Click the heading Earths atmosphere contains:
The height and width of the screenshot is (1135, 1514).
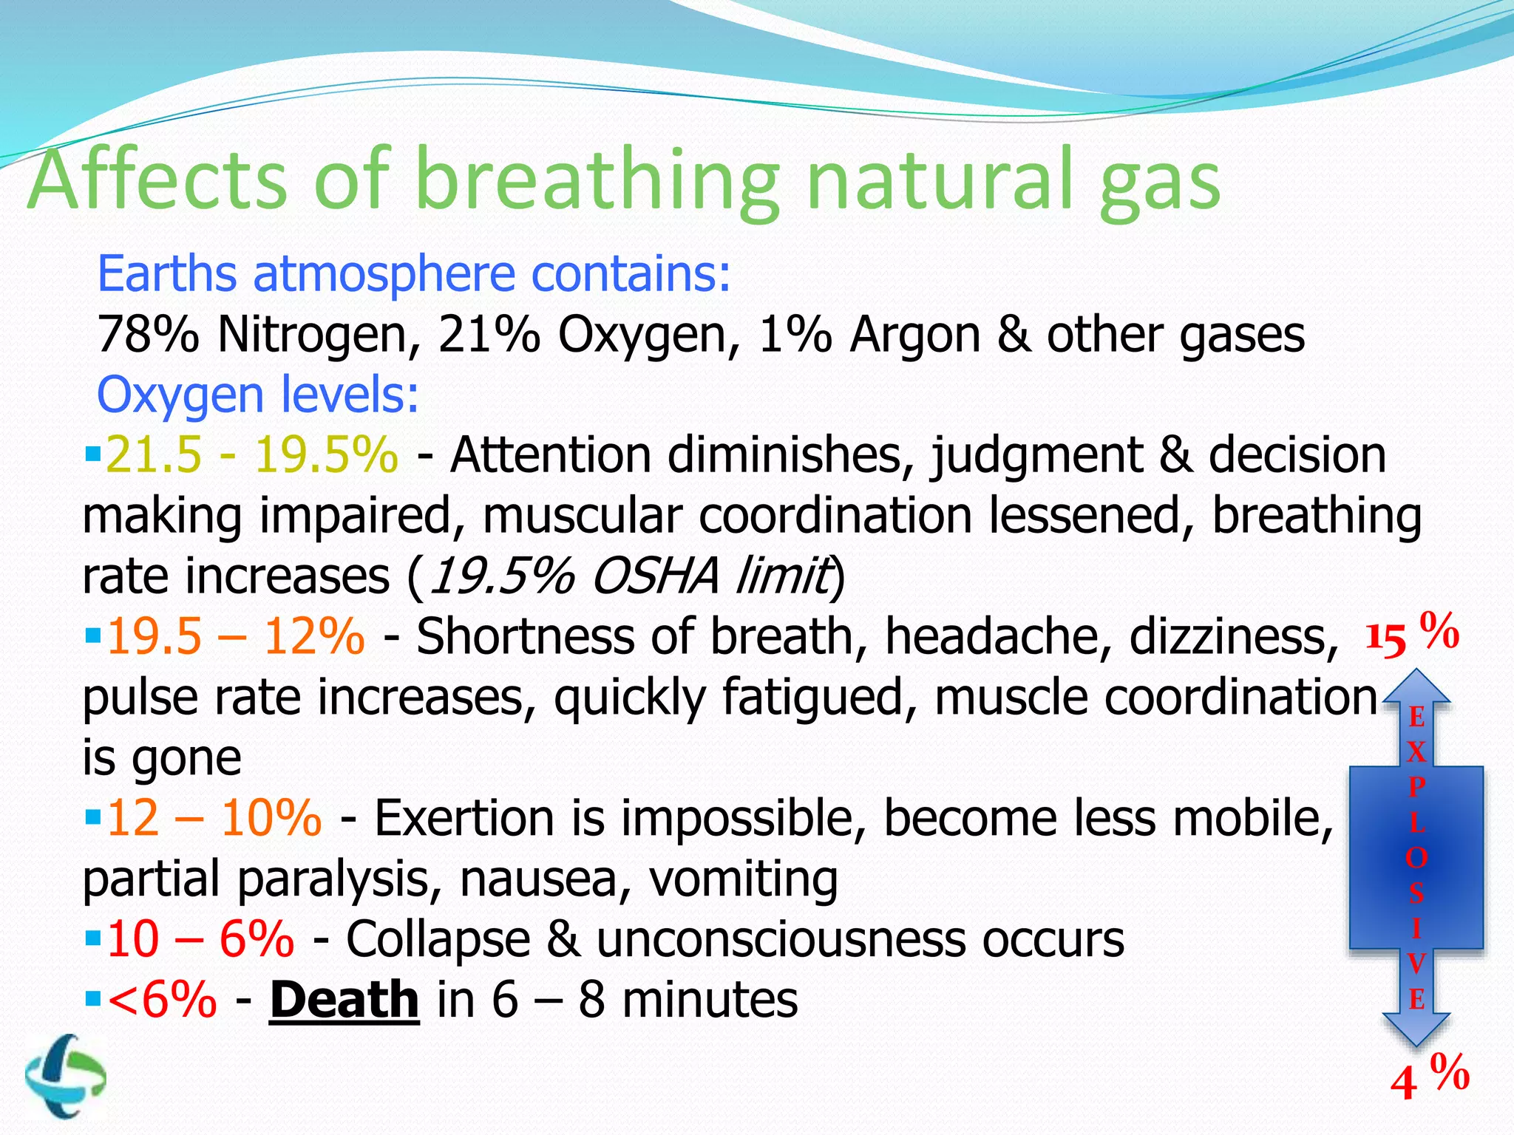click(x=414, y=274)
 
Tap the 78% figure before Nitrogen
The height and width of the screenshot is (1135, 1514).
click(x=148, y=335)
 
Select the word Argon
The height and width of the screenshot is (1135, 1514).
click(x=914, y=335)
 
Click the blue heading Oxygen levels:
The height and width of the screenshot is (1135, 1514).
click(x=258, y=395)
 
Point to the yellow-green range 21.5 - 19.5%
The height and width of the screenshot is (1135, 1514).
click(x=251, y=454)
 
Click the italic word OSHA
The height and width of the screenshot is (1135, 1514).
click(x=655, y=576)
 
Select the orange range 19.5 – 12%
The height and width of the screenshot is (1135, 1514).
click(x=235, y=636)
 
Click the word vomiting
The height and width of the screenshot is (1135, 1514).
click(x=743, y=879)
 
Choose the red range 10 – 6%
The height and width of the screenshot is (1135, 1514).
click(x=200, y=939)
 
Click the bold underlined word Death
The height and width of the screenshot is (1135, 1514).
click(x=344, y=1000)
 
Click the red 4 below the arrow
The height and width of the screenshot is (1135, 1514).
click(x=1403, y=1084)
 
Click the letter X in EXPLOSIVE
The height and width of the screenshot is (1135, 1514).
click(x=1416, y=752)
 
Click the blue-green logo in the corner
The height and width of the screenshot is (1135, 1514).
click(x=65, y=1075)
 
